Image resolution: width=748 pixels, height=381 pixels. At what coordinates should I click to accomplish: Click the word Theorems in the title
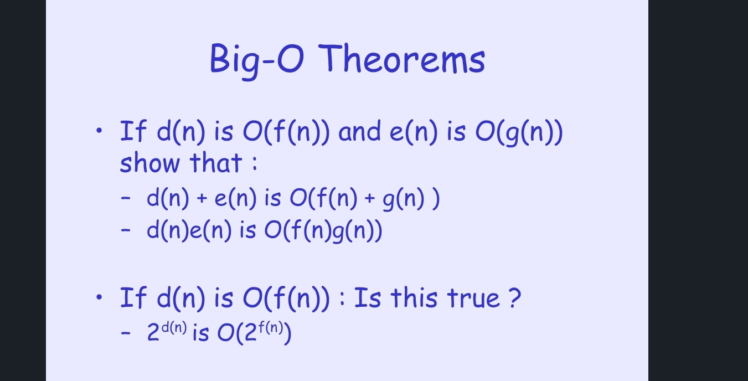click(x=403, y=59)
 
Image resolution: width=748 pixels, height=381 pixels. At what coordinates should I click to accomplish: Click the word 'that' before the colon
click(x=216, y=163)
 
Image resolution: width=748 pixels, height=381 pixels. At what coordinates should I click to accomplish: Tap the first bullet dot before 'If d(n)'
click(x=99, y=131)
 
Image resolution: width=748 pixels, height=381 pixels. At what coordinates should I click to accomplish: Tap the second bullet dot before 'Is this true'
click(x=99, y=297)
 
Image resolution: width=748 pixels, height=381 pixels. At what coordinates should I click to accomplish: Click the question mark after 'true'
click(x=514, y=298)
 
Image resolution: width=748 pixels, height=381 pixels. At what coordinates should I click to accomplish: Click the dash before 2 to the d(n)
click(x=127, y=334)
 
